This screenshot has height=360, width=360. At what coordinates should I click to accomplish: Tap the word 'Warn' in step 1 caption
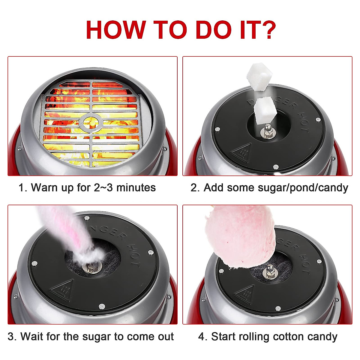pos(43,187)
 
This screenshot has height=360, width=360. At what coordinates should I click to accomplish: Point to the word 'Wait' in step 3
pos(32,336)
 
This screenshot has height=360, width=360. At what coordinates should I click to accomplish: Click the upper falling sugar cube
pos(259,77)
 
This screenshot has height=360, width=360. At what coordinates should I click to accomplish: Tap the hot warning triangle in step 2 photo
pos(242,153)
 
